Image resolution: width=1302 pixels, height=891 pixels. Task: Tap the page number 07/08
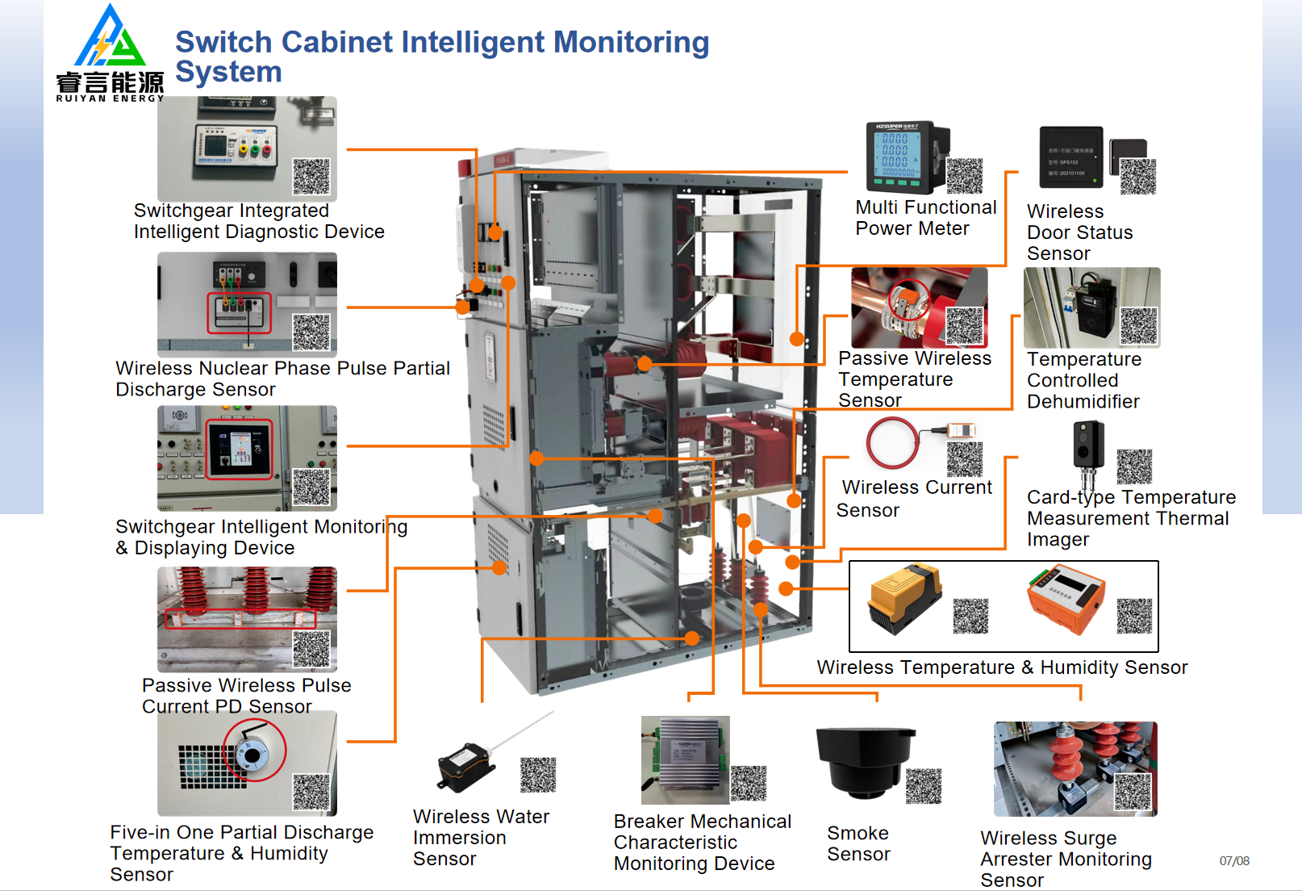point(1234,861)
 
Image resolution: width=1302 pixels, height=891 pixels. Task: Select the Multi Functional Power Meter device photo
point(907,157)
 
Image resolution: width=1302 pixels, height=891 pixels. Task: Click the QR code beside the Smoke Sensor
point(924,786)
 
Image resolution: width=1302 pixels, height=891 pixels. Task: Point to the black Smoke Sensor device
point(863,763)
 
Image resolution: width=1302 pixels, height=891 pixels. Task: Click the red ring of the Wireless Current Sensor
point(891,442)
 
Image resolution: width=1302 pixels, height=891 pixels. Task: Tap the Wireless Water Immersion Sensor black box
point(463,768)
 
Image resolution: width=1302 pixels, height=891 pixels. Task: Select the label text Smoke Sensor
point(858,843)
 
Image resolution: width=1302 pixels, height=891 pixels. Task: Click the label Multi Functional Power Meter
point(925,218)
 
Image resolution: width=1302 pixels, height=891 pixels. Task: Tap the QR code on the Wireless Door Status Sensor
point(1138,177)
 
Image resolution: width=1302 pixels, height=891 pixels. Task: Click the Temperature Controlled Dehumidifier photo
point(1091,307)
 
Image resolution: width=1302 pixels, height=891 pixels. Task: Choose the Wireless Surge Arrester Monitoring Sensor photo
point(1075,769)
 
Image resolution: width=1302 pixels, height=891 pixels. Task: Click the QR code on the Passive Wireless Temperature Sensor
point(964,325)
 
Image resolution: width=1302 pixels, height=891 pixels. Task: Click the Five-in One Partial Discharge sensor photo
point(247,763)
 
